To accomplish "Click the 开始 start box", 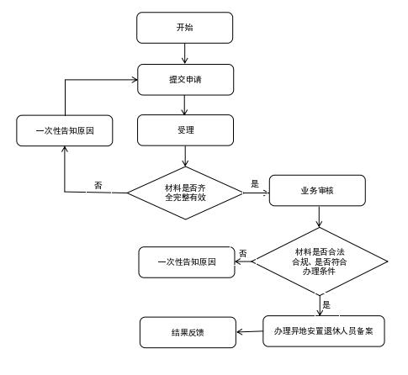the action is coord(185,28).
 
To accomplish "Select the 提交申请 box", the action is coord(185,80).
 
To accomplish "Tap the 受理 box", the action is coord(185,130).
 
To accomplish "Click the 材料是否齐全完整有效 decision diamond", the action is coord(185,193).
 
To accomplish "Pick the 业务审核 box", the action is coord(317,191).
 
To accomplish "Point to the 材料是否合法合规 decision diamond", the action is coord(320,261).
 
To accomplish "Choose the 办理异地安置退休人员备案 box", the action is coord(324,331).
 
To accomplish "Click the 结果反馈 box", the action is coord(188,332).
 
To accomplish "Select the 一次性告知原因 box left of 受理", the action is coord(65,130).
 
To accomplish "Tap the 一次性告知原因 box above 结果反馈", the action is coord(187,262).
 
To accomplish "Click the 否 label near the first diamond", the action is coord(98,185).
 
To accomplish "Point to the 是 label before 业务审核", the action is coord(255,184).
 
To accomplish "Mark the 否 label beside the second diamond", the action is coord(243,254).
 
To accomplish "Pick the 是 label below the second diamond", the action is coord(326,304).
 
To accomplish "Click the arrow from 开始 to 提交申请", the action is coord(184,54).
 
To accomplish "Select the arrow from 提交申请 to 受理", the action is coord(184,105).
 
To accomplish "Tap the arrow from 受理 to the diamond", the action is coord(185,156).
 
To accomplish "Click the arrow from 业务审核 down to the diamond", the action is coord(319,217).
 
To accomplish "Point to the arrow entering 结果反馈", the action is coord(250,332).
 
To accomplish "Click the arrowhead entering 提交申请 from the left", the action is coord(135,80).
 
